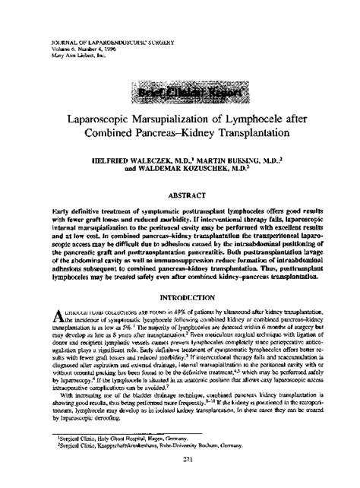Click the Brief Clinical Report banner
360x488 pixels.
pos(180,94)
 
